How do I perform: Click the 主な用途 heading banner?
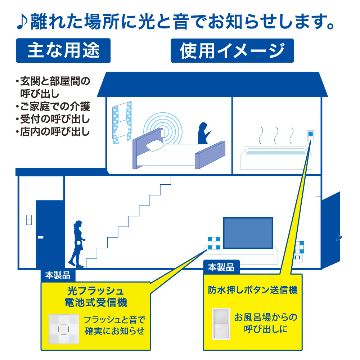tap(63, 50)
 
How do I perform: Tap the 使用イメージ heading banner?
tap(232, 50)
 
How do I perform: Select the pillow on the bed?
tap(155, 145)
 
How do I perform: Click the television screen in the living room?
tap(248, 233)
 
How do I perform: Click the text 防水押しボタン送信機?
tap(253, 290)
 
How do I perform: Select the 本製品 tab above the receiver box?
tap(58, 276)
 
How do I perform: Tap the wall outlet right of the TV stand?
tap(298, 258)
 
